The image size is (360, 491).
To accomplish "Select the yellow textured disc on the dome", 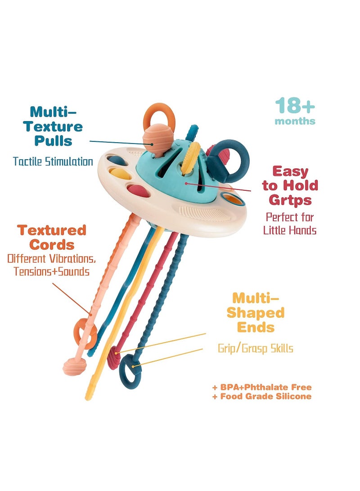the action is click(x=191, y=158).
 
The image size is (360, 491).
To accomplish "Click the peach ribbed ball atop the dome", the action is click(x=157, y=139).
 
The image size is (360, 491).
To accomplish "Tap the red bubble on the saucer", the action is click(x=138, y=191).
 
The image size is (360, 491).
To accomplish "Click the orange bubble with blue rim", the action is click(x=233, y=198).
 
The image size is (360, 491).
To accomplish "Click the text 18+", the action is click(x=295, y=105).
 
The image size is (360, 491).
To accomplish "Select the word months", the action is click(x=295, y=121).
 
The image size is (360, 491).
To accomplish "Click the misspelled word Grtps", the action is click(x=290, y=200).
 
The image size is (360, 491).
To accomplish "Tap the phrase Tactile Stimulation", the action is click(x=53, y=162).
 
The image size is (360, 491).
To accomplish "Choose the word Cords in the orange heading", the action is click(x=52, y=244).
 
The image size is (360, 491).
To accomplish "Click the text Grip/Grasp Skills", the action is click(x=256, y=348).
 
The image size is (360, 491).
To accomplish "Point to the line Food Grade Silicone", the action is click(x=266, y=396).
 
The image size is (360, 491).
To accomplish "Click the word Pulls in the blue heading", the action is click(x=53, y=140).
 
